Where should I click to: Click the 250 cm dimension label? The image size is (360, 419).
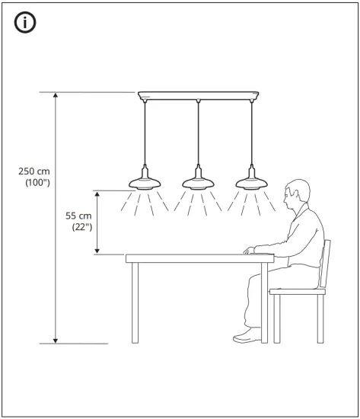34,171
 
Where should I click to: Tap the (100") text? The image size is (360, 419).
37,184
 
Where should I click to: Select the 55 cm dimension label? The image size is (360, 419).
77,215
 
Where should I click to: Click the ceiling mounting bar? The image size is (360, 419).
198,96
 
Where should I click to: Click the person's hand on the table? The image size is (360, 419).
251,250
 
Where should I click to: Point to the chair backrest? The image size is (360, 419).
327,263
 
